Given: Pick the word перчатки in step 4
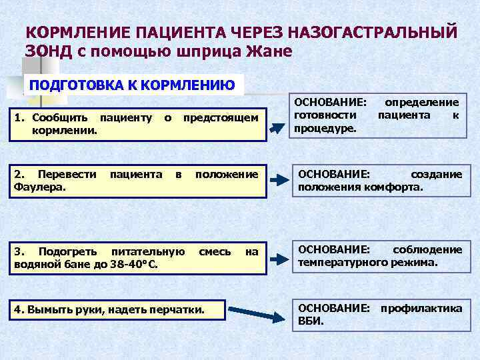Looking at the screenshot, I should [x=179, y=310].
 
